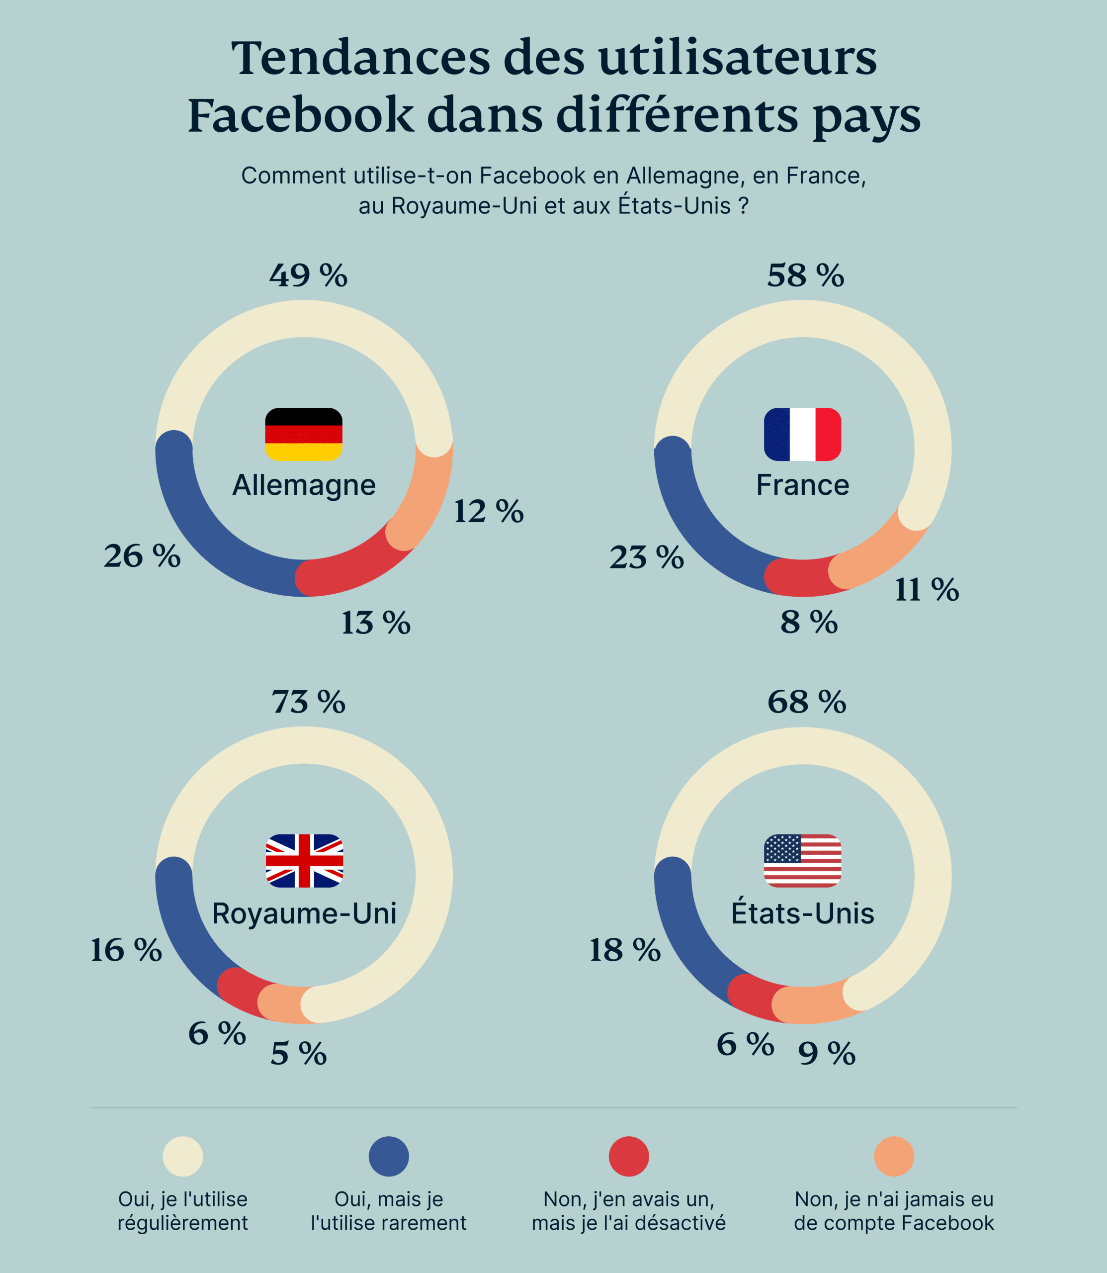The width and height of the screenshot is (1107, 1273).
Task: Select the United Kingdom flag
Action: pyautogui.click(x=304, y=861)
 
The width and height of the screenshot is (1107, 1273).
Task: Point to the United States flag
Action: pyautogui.click(x=802, y=861)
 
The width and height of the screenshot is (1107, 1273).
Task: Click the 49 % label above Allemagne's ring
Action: pyautogui.click(x=308, y=275)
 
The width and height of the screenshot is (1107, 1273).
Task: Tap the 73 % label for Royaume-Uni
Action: pyautogui.click(x=308, y=703)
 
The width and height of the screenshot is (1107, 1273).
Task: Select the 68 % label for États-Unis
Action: pyautogui.click(x=806, y=703)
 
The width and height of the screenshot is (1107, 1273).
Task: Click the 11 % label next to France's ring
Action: pyautogui.click(x=927, y=590)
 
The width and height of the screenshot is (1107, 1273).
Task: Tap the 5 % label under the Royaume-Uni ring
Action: pyautogui.click(x=298, y=1054)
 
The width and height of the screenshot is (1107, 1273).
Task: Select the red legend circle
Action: pyautogui.click(x=628, y=1156)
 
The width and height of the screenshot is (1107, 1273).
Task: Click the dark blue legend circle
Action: pyautogui.click(x=389, y=1156)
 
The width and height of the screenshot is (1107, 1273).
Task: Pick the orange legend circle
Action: pyautogui.click(x=893, y=1156)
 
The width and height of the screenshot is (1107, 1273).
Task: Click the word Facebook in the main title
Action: pyautogui.click(x=300, y=115)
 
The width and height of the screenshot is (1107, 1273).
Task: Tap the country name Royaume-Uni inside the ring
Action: pyautogui.click(x=304, y=913)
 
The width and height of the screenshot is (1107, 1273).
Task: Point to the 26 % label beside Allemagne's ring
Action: pyautogui.click(x=142, y=556)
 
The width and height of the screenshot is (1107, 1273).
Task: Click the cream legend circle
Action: pyautogui.click(x=183, y=1156)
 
